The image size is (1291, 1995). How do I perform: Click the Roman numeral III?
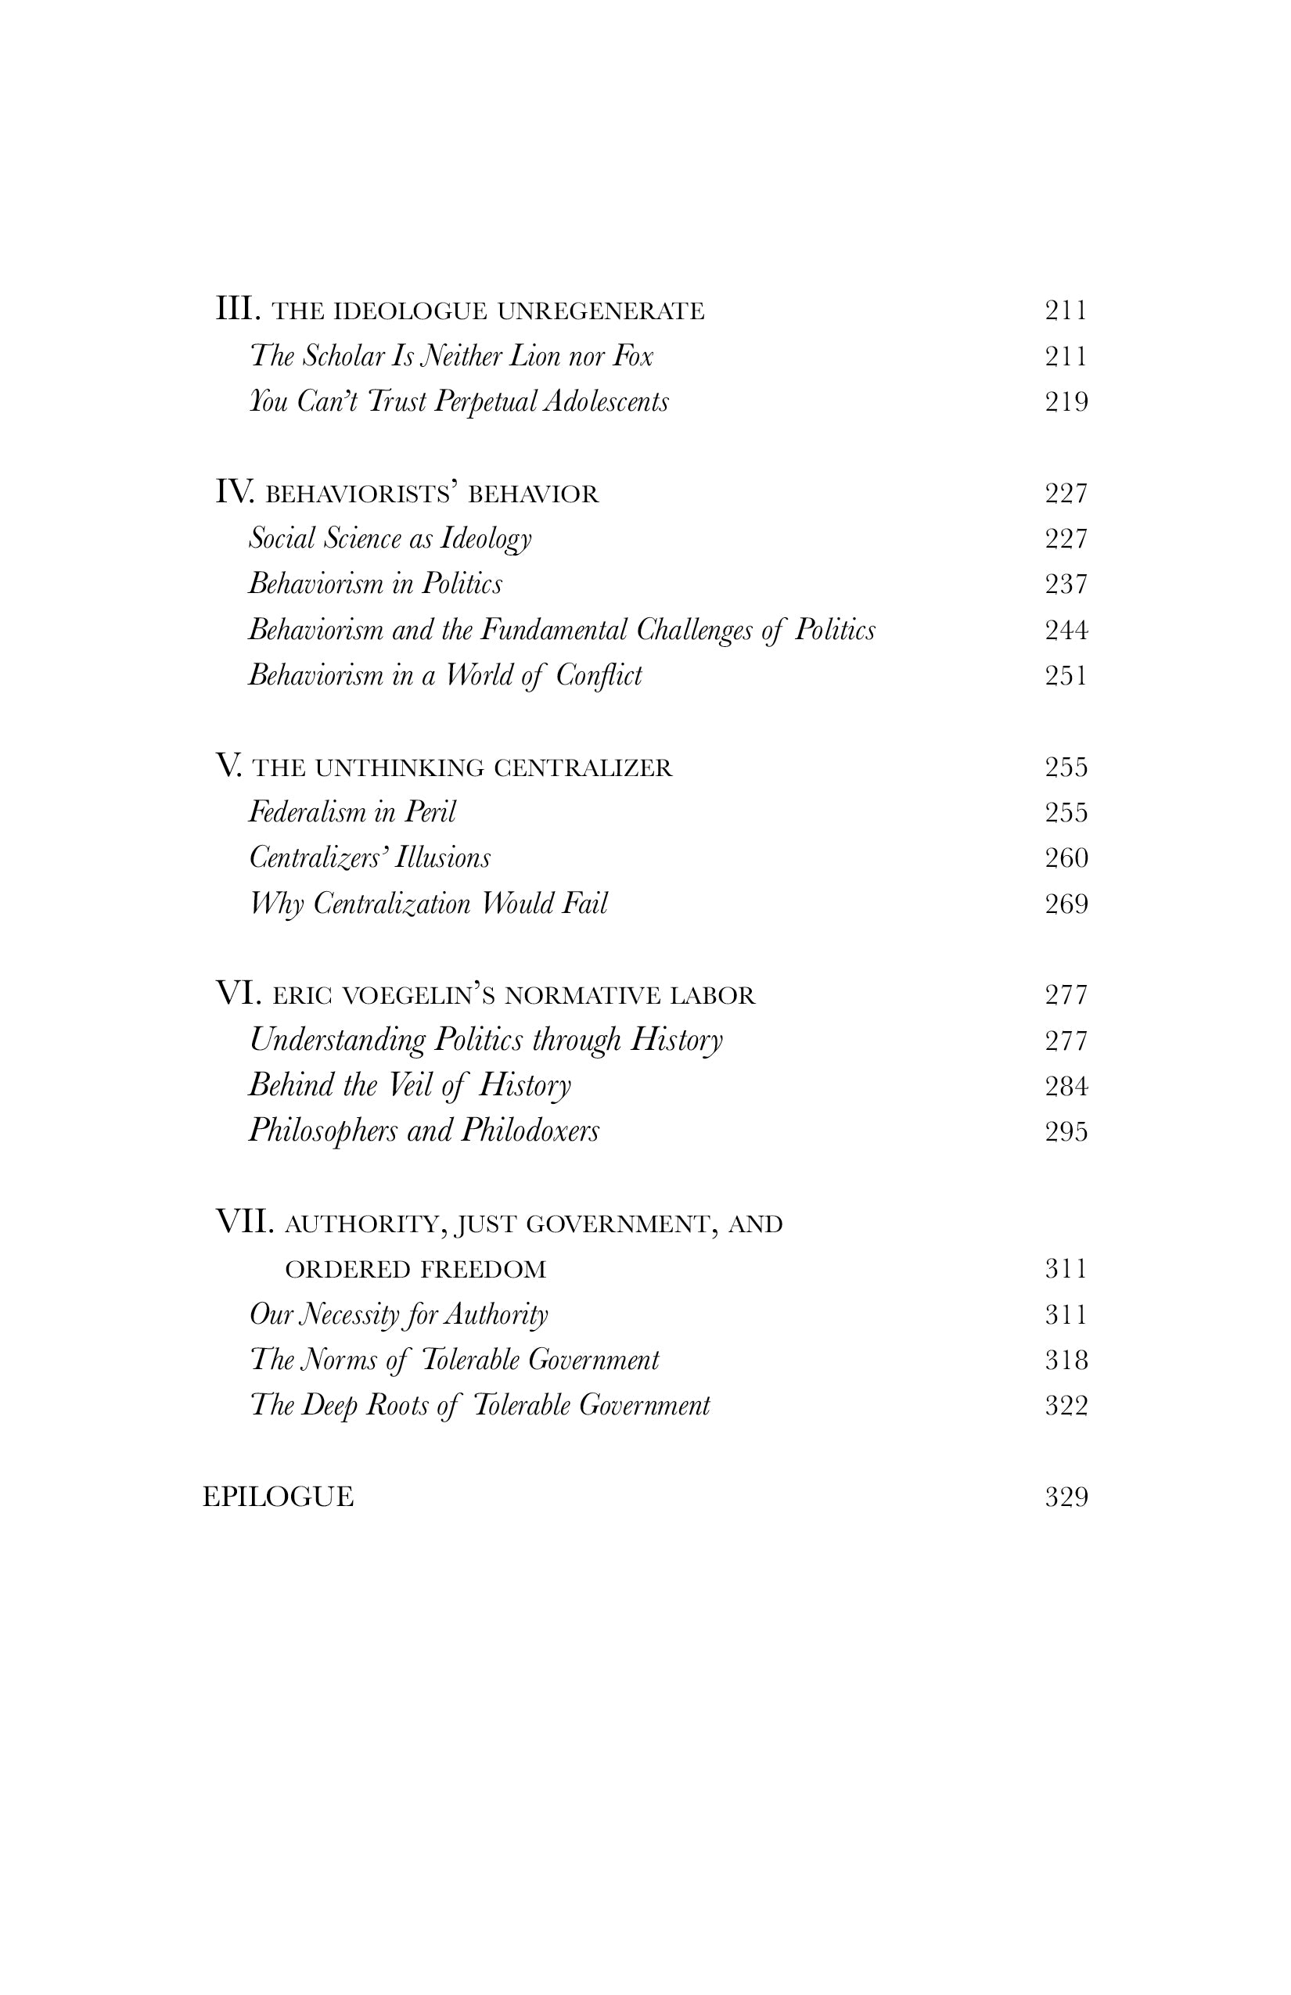point(238,309)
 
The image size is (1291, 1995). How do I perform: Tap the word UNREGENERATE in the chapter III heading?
point(601,311)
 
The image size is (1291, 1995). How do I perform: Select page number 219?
point(1066,402)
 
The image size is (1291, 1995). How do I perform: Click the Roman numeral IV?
point(235,492)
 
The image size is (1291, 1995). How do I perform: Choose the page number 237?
point(1066,584)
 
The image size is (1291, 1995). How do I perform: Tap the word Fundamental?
point(553,630)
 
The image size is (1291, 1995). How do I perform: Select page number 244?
point(1066,630)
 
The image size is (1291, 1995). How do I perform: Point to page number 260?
point(1066,858)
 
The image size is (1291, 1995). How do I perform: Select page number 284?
point(1066,1087)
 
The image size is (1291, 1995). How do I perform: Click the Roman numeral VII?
point(246,1222)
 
